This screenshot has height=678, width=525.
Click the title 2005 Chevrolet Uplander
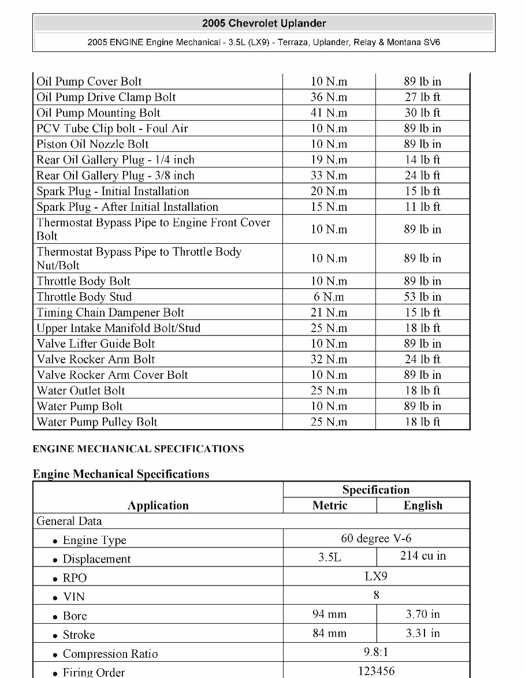[264, 24]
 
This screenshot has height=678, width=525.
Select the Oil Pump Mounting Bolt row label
[98, 113]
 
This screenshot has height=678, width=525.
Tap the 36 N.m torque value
[329, 98]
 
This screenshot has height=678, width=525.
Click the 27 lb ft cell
[422, 98]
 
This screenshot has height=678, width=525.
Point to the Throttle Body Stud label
[84, 297]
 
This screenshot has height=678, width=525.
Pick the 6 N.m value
[329, 297]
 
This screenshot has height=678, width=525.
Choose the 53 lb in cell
[422, 297]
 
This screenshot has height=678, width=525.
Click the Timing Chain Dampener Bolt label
[110, 313]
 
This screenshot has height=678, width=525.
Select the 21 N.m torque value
[329, 313]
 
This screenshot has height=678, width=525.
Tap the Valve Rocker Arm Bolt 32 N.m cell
[329, 360]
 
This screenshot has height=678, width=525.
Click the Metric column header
[330, 506]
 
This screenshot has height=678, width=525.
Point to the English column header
[423, 506]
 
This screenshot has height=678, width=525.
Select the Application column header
[158, 506]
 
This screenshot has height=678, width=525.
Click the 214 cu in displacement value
[423, 556]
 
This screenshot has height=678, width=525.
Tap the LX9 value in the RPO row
[376, 576]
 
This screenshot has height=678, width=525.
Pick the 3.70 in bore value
[423, 614]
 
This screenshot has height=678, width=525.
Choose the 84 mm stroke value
[329, 634]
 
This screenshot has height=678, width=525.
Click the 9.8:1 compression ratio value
[376, 653]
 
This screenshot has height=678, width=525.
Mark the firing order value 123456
[376, 672]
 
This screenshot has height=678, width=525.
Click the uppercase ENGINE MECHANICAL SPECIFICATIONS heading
[138, 449]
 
